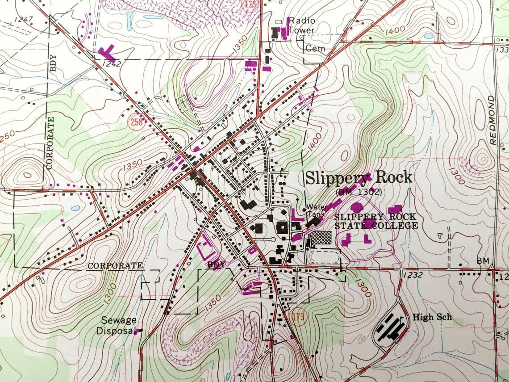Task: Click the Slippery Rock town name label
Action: [x=358, y=178]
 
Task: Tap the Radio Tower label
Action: [x=302, y=25]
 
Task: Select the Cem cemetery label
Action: [x=315, y=48]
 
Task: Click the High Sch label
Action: [x=432, y=318]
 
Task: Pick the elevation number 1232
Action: [x=412, y=275]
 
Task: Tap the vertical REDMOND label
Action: [x=492, y=120]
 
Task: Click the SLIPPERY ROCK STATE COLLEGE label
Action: [x=376, y=221]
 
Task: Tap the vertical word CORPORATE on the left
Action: [x=51, y=142]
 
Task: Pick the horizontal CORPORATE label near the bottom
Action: [x=115, y=265]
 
